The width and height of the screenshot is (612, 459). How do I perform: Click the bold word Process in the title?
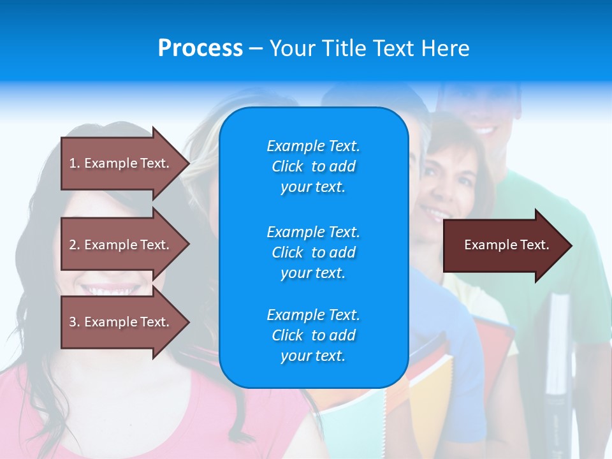tap(200, 48)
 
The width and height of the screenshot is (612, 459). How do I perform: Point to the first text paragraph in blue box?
tap(313, 166)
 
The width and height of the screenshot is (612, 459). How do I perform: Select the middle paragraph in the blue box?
tap(313, 252)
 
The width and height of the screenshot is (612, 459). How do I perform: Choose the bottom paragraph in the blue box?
tap(313, 335)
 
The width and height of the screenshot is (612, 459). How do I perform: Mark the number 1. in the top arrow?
tap(75, 163)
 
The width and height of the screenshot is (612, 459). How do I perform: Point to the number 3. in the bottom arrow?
tap(75, 322)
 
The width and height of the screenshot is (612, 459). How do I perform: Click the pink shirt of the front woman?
tap(127, 414)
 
